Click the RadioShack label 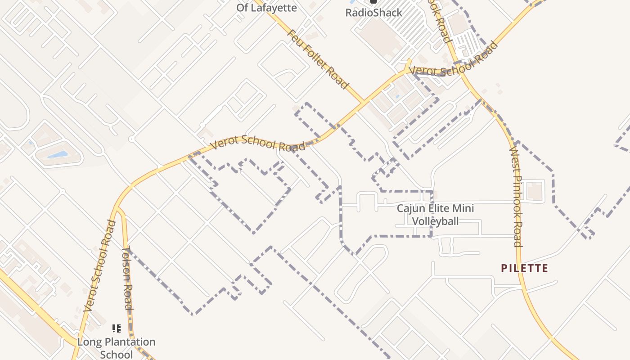(373, 13)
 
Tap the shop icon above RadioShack (373, 2)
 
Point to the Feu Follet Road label (318, 59)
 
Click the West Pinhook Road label (516, 197)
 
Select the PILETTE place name (525, 269)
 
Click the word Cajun (410, 209)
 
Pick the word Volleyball (436, 221)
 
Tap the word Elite (441, 209)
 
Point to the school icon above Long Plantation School (117, 328)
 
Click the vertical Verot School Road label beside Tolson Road (100, 265)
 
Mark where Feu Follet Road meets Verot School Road (364, 103)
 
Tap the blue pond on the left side (57, 155)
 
